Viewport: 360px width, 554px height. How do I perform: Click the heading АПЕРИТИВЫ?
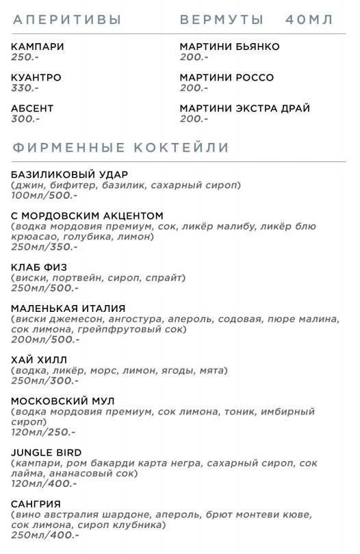(66, 20)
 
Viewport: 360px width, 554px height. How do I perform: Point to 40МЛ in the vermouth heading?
(309, 20)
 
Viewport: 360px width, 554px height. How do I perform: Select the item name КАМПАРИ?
(38, 47)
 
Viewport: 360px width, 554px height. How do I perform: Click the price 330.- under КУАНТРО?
(25, 88)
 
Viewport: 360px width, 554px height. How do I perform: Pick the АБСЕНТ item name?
(32, 108)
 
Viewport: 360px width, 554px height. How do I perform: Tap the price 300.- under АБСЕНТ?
(25, 118)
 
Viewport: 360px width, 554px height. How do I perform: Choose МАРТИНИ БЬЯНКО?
(229, 47)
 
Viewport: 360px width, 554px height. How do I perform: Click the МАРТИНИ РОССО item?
(227, 77)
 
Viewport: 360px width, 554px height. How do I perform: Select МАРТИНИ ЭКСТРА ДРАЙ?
(244, 108)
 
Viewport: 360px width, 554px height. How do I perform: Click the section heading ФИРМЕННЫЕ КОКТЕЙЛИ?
(120, 148)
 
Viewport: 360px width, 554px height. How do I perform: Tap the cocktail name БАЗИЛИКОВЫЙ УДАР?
(70, 174)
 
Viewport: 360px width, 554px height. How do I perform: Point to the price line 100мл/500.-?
(44, 195)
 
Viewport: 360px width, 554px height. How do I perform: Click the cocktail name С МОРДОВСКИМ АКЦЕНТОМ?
(88, 215)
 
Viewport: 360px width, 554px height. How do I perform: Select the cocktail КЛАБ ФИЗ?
(39, 267)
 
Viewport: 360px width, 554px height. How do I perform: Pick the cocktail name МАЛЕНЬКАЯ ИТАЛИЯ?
(68, 308)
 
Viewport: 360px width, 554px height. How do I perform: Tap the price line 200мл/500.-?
(45, 339)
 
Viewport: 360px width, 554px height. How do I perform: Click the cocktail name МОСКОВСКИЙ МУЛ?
(63, 401)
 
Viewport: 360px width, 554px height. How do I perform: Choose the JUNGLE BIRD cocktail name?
(47, 452)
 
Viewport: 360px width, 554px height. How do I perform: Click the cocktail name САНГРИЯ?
(36, 503)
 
